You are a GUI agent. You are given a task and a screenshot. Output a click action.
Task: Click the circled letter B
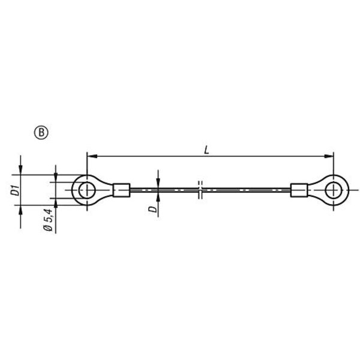(x=41, y=133)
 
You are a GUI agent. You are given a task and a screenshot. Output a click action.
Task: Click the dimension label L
(x=207, y=151)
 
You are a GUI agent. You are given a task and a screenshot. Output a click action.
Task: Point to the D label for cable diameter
(x=153, y=209)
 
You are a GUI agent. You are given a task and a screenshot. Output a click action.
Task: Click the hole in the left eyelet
(x=87, y=190)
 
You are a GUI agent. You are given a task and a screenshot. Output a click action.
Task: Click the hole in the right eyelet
(x=334, y=190)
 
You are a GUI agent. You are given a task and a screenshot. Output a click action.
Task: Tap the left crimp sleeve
(x=122, y=190)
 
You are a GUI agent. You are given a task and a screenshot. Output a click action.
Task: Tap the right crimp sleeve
(x=299, y=190)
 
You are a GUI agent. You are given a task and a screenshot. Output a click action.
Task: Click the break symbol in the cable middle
(x=200, y=190)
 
